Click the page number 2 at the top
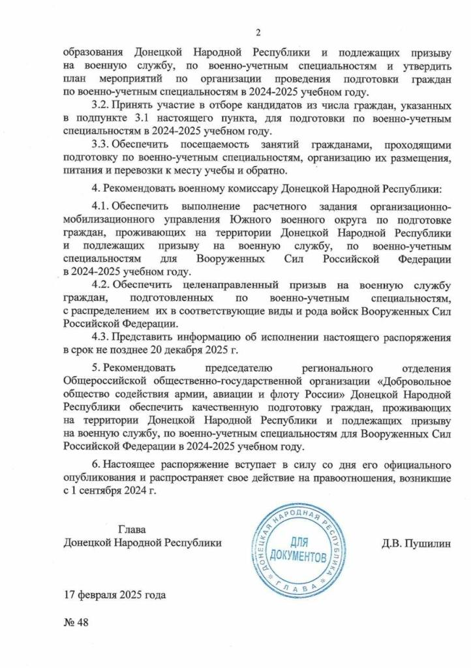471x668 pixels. (258, 33)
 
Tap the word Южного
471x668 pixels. (243, 219)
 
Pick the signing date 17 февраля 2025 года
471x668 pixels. (115, 595)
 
